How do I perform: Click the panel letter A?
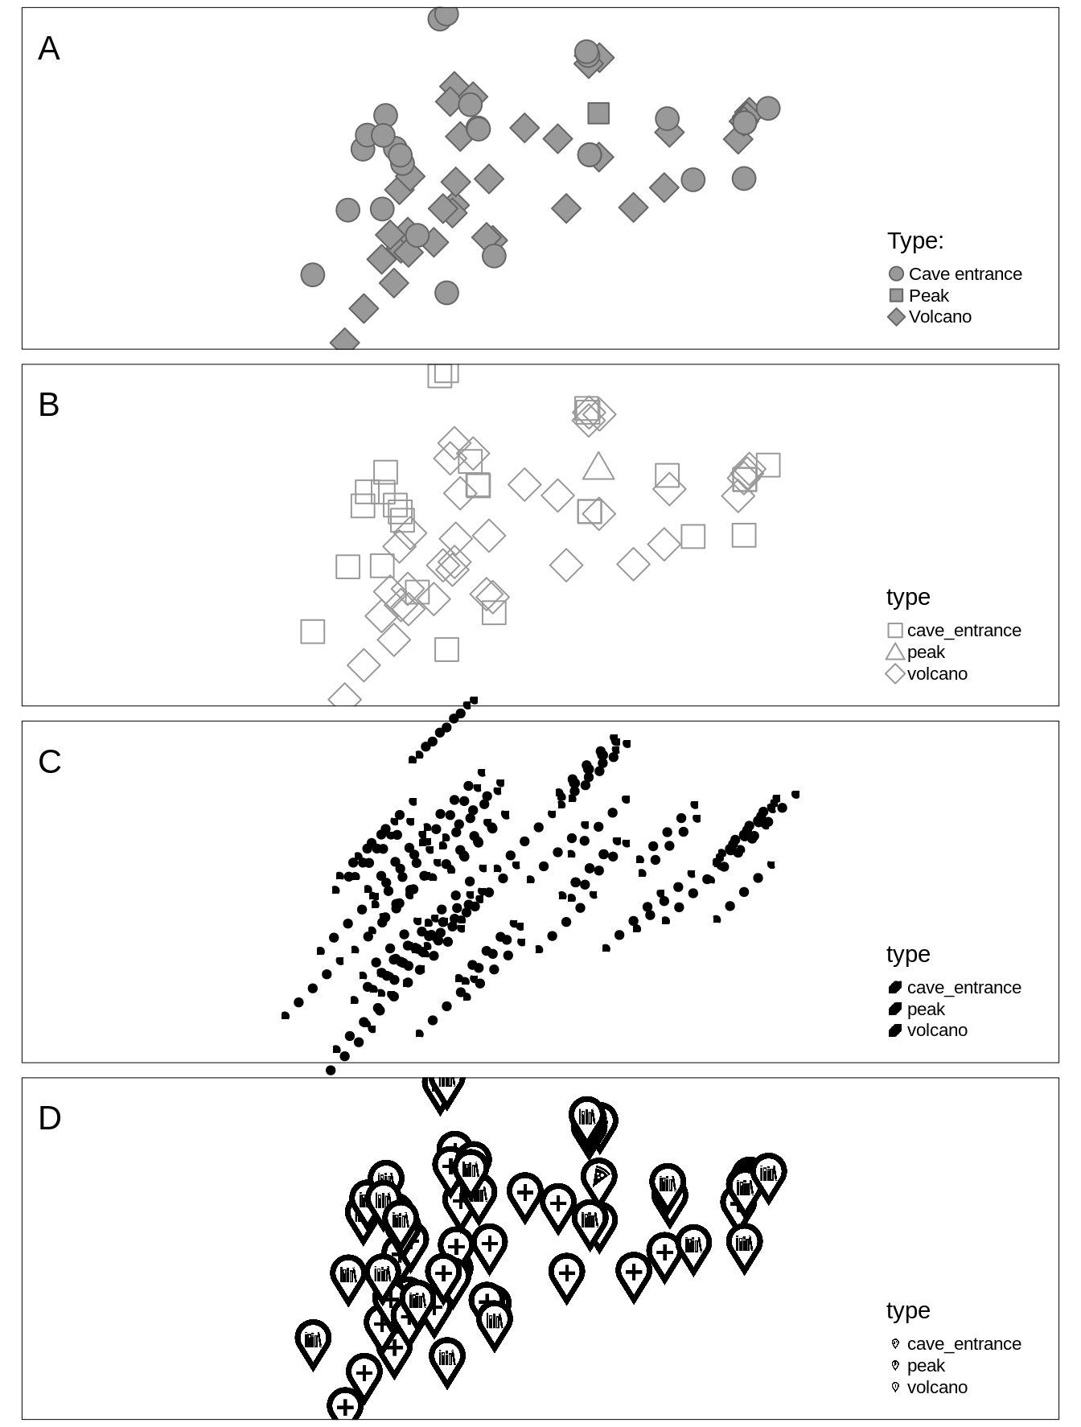point(48,49)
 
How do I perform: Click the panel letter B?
point(48,405)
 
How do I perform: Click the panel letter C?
point(49,763)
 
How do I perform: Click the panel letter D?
point(49,1119)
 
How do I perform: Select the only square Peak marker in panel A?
point(598,113)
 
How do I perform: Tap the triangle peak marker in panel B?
point(598,467)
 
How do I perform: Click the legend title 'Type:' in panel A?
point(915,241)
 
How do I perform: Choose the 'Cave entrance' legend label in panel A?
point(964,274)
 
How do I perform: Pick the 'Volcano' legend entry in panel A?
point(939,317)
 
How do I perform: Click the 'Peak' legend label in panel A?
point(928,296)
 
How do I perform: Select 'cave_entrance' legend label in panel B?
point(964,631)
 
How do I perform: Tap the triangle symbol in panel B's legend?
point(895,652)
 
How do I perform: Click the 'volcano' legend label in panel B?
point(936,674)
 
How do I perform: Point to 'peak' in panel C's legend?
point(925,1010)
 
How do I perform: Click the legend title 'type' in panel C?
point(907,954)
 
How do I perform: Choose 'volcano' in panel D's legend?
point(936,1388)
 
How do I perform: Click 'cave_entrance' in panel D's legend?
point(964,1344)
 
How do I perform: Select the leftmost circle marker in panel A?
point(312,275)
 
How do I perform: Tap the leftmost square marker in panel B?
point(312,631)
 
